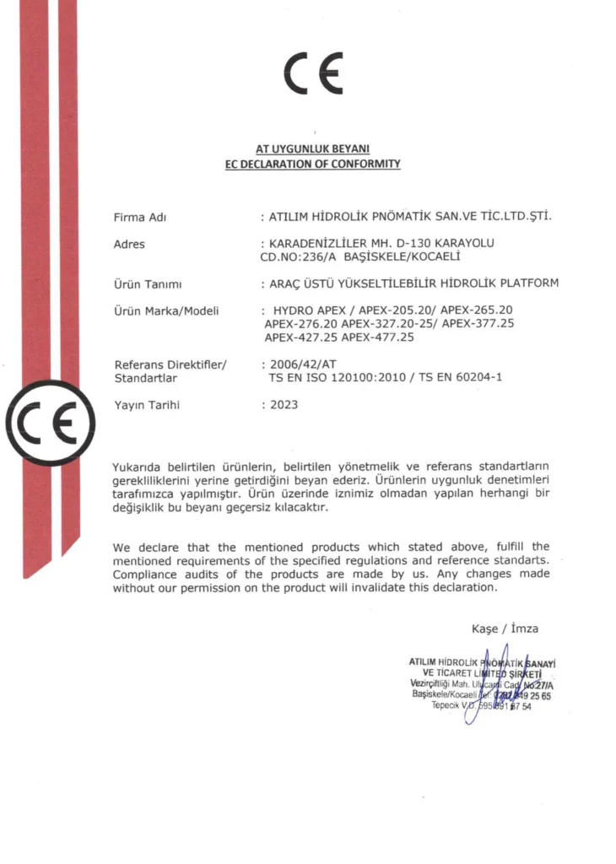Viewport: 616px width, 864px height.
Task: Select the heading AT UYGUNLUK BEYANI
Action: point(313,149)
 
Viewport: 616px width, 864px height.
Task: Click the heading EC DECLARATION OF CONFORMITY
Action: point(313,164)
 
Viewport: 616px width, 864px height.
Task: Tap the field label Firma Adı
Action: point(139,218)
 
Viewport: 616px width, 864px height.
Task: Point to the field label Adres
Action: point(129,245)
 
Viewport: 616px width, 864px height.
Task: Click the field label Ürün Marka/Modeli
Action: point(166,311)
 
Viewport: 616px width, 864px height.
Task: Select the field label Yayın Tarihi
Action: point(146,405)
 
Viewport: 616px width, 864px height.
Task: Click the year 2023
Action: point(284,405)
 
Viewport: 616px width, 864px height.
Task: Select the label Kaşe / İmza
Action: point(505,629)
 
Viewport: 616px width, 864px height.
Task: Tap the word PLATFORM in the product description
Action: point(527,283)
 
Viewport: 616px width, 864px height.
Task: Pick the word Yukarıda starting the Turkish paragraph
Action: point(138,467)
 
